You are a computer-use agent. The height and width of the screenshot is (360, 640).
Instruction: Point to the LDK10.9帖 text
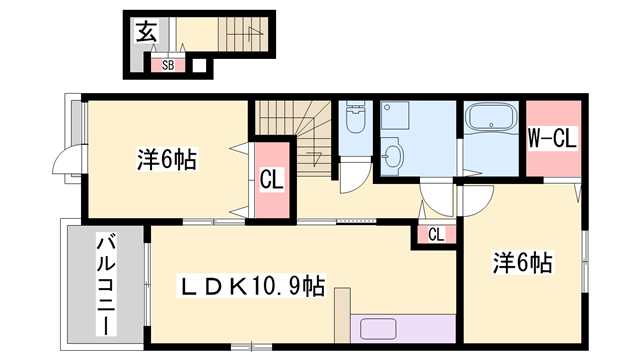(251, 287)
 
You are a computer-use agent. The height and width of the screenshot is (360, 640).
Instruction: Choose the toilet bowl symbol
(355, 122)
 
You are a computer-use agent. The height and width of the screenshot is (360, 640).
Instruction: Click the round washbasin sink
(393, 156)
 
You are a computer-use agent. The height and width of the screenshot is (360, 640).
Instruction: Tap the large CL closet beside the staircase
(270, 181)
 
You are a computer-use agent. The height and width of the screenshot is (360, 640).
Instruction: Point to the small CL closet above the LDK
(436, 235)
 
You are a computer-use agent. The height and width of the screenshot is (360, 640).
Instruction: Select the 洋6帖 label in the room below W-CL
(522, 263)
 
